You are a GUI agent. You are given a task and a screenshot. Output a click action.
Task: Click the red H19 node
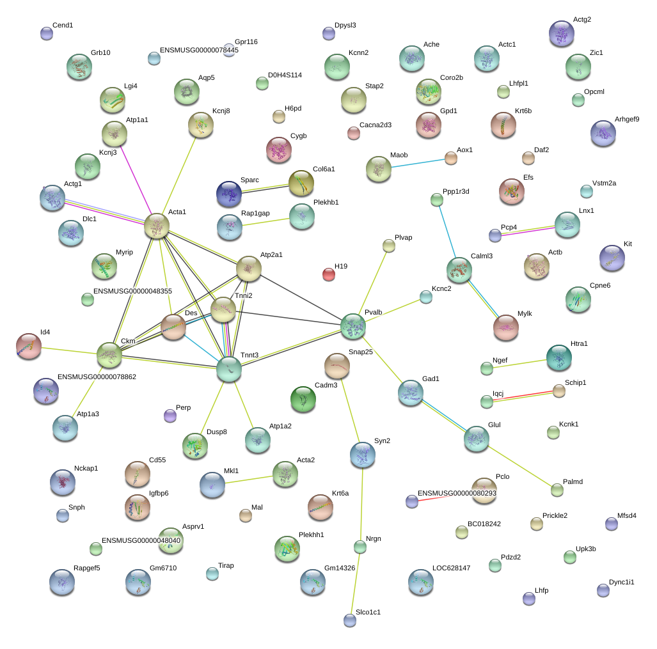(329, 275)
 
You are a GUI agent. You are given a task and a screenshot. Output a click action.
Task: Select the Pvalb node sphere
(353, 326)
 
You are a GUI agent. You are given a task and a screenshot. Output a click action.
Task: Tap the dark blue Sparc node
(229, 194)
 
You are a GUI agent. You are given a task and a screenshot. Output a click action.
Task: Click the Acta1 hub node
(157, 226)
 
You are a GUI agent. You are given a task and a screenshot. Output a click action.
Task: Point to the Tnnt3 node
(229, 370)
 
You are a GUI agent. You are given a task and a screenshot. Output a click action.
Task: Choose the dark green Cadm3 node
(303, 399)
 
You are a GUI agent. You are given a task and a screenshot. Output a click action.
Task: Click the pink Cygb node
(279, 150)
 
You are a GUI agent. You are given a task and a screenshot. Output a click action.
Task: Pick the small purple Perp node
(170, 416)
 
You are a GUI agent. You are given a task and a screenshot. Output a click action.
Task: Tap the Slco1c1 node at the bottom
(350, 620)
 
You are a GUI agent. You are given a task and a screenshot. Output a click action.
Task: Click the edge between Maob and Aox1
(418, 163)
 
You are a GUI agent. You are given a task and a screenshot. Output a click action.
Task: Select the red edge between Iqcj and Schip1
(523, 396)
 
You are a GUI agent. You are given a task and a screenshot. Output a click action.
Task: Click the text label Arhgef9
(627, 120)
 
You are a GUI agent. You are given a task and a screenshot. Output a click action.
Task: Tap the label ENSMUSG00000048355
(132, 291)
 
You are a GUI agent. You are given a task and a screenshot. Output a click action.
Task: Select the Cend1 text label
(63, 25)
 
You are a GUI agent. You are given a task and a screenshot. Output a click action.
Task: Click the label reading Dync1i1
(621, 582)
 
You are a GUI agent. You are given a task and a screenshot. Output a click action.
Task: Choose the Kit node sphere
(612, 258)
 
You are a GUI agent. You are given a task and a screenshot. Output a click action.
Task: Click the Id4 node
(29, 347)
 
